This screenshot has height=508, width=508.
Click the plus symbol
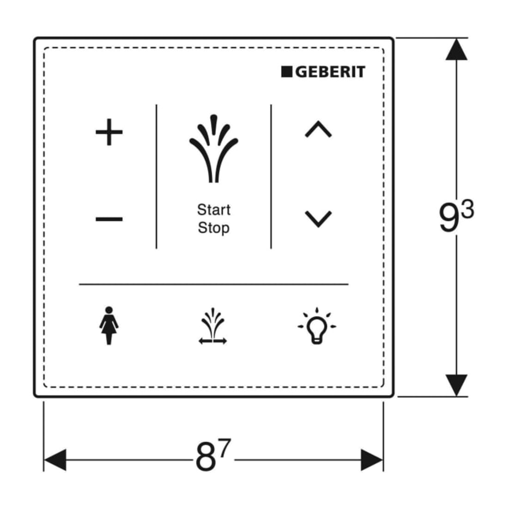109,132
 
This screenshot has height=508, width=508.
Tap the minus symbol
109,219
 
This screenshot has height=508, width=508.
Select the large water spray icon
213,148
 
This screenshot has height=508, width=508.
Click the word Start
214,210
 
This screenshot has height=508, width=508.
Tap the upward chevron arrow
318,129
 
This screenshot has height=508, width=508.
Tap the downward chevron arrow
318,219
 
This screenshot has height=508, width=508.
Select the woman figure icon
109,326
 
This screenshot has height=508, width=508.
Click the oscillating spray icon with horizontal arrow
213,326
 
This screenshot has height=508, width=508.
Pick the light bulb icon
317,326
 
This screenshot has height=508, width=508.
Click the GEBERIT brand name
331,72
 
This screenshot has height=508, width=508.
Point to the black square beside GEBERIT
287,72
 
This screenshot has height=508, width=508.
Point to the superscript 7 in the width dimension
224,448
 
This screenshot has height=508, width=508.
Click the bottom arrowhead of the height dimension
456,385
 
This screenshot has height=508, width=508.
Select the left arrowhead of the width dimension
55,460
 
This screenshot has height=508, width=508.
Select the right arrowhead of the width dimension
372,460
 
